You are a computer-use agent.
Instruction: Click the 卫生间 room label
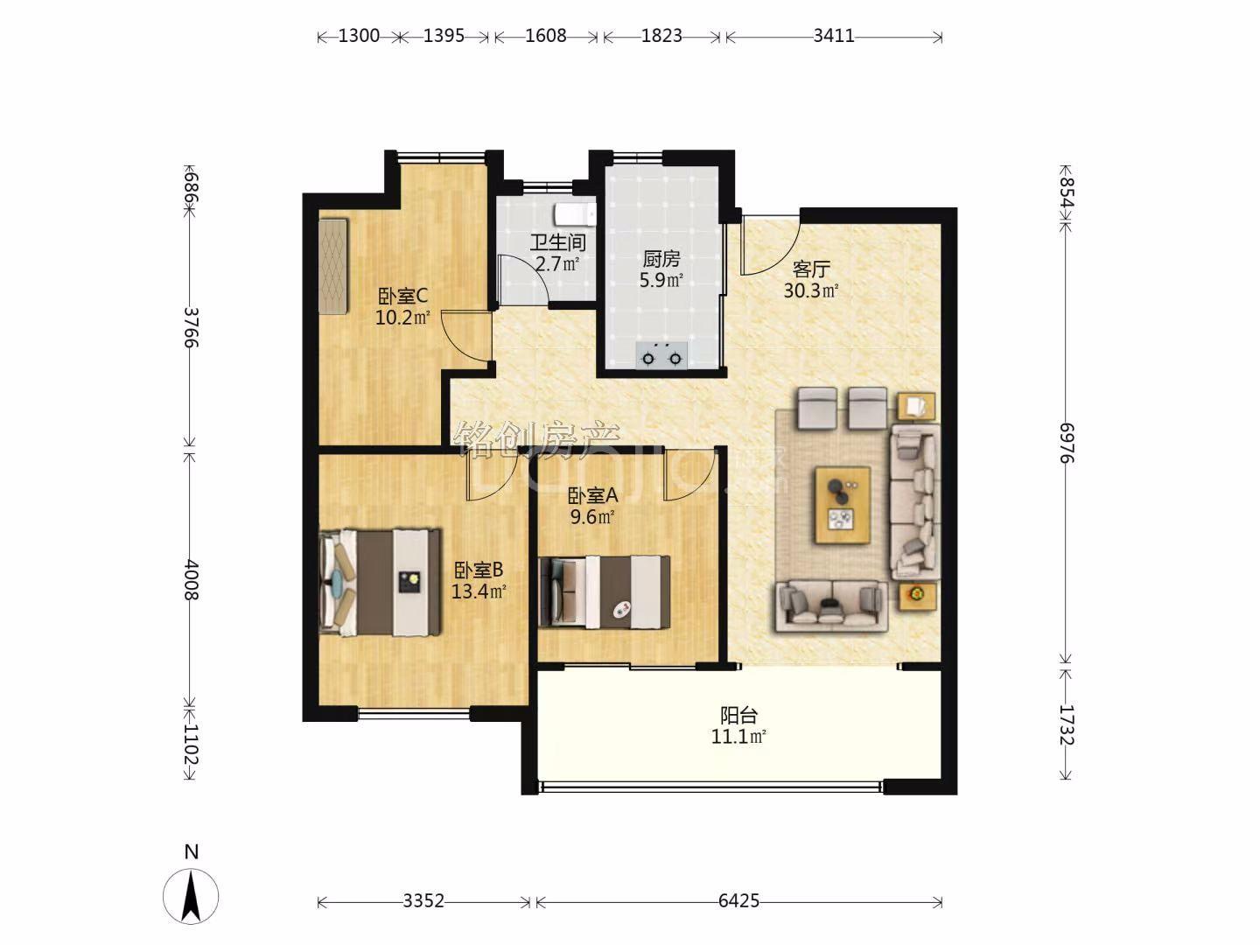pyautogui.click(x=558, y=242)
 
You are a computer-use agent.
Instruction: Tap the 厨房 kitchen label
pyautogui.click(x=661, y=259)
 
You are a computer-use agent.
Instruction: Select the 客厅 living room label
pyautogui.click(x=811, y=269)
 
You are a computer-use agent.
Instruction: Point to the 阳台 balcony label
pyautogui.click(x=738, y=715)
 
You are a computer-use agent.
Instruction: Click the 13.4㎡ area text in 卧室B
pyautogui.click(x=478, y=591)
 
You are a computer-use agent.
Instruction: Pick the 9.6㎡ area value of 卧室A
pyautogui.click(x=592, y=517)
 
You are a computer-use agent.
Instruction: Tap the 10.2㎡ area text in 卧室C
pyautogui.click(x=402, y=318)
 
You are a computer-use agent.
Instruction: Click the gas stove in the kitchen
pyautogui.click(x=661, y=356)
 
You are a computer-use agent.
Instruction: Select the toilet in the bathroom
pyautogui.click(x=575, y=213)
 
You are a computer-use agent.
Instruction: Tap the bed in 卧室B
pyautogui.click(x=380, y=583)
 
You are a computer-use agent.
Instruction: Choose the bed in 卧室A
pyautogui.click(x=605, y=591)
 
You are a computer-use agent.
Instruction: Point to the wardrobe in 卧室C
pyautogui.click(x=333, y=266)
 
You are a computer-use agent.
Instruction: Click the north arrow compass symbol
pyautogui.click(x=191, y=896)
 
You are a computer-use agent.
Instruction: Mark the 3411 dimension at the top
pyautogui.click(x=834, y=36)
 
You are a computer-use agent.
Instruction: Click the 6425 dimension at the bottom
pyautogui.click(x=738, y=901)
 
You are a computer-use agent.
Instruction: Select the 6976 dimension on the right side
pyautogui.click(x=1067, y=443)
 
